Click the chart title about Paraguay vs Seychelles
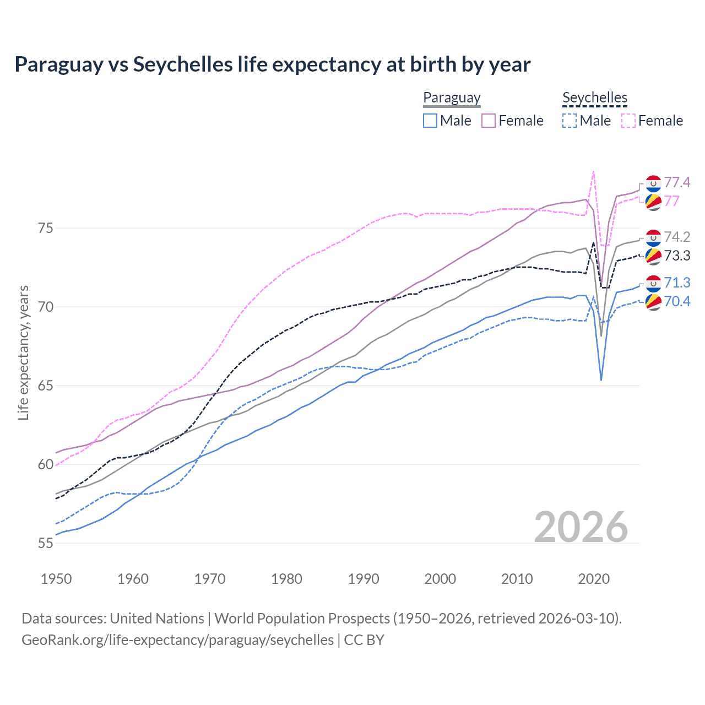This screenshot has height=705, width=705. (x=272, y=64)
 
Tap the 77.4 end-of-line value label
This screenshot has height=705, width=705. (x=677, y=182)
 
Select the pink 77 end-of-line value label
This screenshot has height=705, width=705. (x=672, y=201)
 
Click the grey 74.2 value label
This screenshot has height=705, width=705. (x=677, y=237)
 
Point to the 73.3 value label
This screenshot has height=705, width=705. (x=677, y=256)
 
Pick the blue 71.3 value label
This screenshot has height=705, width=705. (x=677, y=283)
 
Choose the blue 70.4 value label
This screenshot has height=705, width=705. (x=677, y=301)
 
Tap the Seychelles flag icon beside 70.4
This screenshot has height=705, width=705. (x=653, y=302)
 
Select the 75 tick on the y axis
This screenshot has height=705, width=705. (x=45, y=228)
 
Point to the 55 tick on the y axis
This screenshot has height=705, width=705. (x=45, y=543)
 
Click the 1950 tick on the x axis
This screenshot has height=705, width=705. (x=56, y=579)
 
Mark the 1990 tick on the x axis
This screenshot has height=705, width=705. (x=364, y=579)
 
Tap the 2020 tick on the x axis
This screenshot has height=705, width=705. (x=594, y=579)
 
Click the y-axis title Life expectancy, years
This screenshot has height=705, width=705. (x=23, y=352)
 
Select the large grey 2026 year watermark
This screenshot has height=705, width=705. (x=581, y=527)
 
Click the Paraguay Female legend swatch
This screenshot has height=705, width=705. (x=489, y=121)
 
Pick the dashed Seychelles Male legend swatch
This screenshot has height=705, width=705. (x=570, y=121)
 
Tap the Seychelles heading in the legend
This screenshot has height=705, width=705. (x=595, y=97)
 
